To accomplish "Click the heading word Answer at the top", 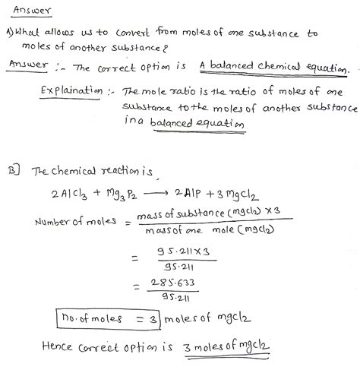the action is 28,11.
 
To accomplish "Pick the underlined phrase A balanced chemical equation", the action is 275,68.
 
